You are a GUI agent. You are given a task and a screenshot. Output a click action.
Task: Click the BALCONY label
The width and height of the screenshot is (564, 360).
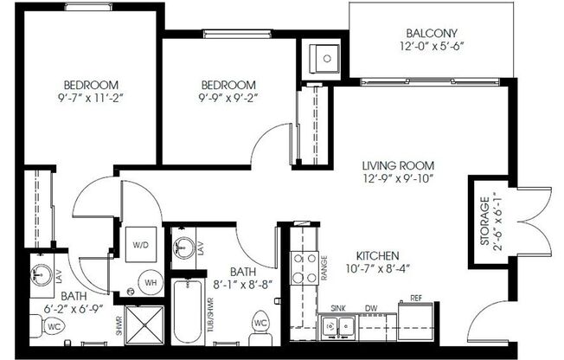pyautogui.click(x=430, y=32)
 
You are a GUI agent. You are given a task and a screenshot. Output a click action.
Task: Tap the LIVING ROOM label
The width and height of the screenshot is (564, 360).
pyautogui.click(x=398, y=165)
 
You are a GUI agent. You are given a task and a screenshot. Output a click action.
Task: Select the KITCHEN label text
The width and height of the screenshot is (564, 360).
pyautogui.click(x=378, y=256)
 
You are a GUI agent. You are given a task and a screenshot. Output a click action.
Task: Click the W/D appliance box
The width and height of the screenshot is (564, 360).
pyautogui.click(x=140, y=245)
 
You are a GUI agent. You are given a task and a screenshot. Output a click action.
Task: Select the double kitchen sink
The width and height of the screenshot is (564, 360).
pyautogui.click(x=339, y=326)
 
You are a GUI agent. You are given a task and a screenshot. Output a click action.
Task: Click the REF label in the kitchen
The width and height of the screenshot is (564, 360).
pyautogui.click(x=415, y=298)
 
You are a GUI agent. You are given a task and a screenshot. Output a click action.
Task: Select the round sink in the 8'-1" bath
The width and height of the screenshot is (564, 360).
pyautogui.click(x=183, y=248)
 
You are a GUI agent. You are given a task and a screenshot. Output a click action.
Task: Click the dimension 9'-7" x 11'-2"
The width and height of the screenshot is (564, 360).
pyautogui.click(x=90, y=99)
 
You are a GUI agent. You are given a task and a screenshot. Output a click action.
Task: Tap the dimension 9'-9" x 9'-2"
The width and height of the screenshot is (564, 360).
pyautogui.click(x=228, y=99)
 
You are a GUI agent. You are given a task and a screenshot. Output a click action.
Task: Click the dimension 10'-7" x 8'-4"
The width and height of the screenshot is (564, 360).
pyautogui.click(x=378, y=270)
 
